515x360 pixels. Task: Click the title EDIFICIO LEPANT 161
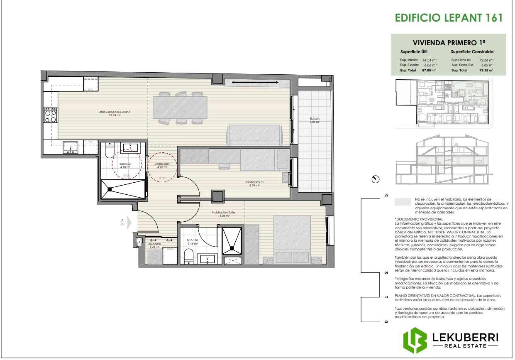click(449, 17)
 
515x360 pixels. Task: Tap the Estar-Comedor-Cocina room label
click(109, 113)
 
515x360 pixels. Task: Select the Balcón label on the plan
click(315, 120)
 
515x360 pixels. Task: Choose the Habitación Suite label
click(223, 213)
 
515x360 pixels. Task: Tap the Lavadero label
click(154, 244)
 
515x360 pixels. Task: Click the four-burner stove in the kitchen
click(51, 115)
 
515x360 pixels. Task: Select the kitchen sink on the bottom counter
click(70, 147)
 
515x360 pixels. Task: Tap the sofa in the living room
click(254, 135)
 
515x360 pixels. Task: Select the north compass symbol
click(376, 179)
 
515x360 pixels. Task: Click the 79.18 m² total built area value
click(486, 71)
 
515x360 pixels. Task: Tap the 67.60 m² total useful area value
click(429, 71)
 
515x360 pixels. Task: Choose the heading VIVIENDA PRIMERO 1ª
click(449, 43)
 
